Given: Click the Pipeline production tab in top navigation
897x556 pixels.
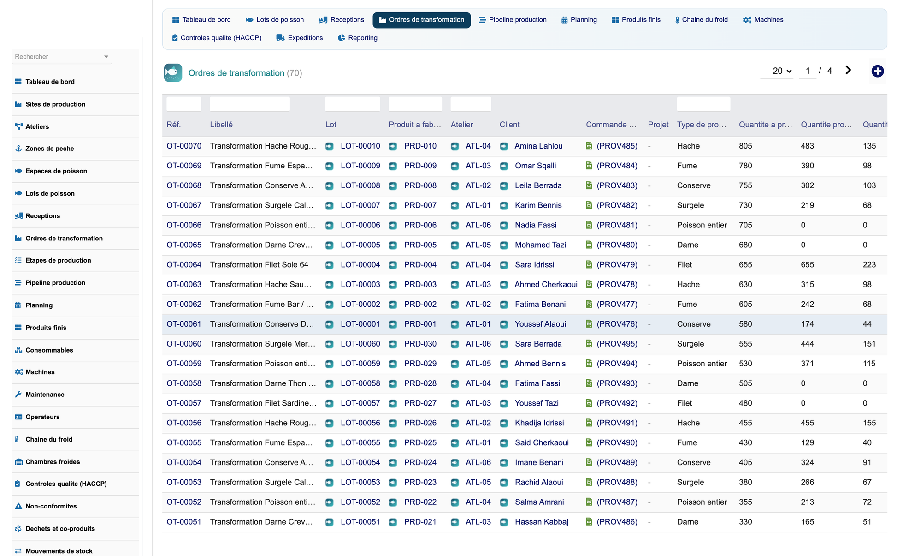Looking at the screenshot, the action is [513, 20].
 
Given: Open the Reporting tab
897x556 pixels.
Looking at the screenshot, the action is [358, 38].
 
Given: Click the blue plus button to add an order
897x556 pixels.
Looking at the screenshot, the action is [877, 71].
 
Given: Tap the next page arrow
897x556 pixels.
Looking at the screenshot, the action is [848, 70].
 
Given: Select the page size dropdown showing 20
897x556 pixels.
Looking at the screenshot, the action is [782, 71].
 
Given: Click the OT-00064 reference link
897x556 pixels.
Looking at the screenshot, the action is [184, 265].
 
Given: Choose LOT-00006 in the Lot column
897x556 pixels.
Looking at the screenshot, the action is [360, 225].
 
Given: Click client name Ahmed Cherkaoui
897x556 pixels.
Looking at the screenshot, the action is [546, 285].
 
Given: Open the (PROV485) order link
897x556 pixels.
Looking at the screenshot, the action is [617, 146].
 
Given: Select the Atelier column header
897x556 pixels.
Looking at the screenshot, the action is [461, 125].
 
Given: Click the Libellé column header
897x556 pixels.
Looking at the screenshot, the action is [221, 125].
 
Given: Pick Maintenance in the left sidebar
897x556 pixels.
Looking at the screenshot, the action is [45, 395].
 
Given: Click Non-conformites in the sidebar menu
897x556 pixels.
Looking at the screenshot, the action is [51, 506].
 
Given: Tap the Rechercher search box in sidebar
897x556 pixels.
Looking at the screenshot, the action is [61, 57].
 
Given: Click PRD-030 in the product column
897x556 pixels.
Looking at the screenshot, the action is [420, 344].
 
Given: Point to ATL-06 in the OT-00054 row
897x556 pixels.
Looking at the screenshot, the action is [478, 462].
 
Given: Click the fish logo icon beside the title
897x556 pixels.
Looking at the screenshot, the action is [173, 73].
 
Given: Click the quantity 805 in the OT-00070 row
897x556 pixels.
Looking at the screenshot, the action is [745, 146].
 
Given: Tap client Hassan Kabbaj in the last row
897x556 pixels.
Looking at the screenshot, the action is [541, 522].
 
